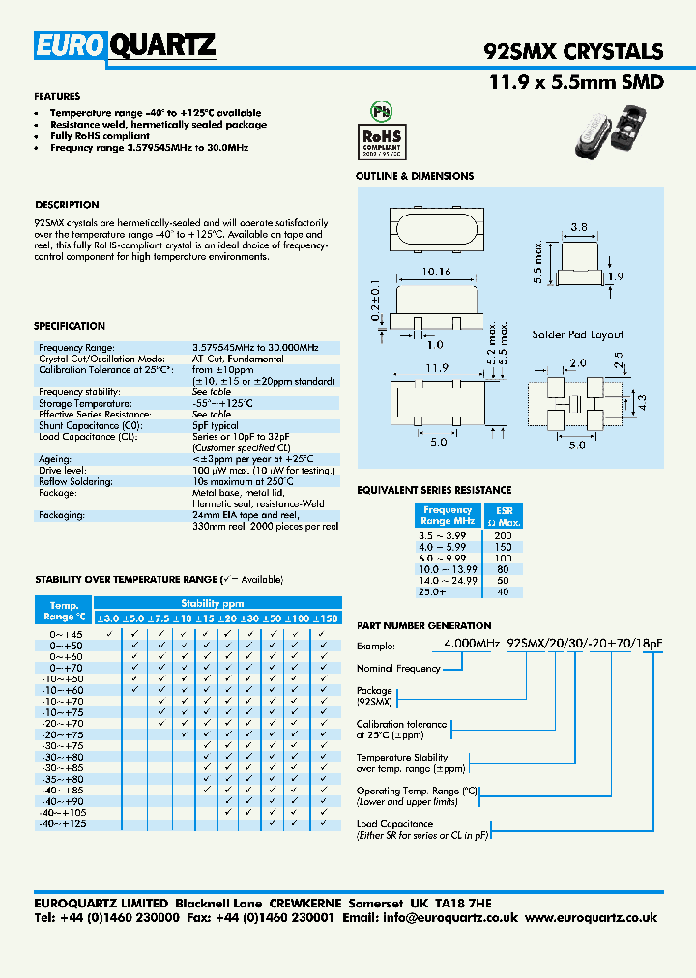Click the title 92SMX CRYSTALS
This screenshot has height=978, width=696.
point(572,52)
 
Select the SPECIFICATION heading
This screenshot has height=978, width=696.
point(70,326)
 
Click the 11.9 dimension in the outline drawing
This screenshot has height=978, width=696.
point(437,367)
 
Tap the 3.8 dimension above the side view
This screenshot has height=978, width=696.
point(577,228)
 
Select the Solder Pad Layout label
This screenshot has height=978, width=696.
point(577,334)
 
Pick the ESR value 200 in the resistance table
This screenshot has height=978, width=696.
point(503,534)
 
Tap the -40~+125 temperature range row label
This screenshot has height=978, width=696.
point(62,824)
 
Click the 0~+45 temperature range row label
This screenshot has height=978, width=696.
point(63,634)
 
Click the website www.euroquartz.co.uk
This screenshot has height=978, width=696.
point(592,918)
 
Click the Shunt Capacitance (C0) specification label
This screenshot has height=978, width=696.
point(85,425)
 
